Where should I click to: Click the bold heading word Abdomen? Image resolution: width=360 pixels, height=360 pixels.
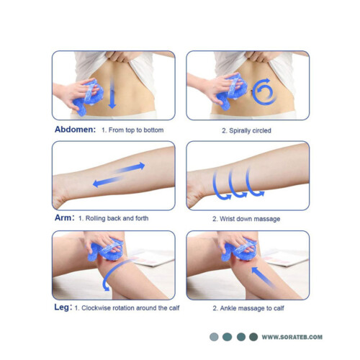75,130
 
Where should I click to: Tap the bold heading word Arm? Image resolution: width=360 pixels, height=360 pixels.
64,217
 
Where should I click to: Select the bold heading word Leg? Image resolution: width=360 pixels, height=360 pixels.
63,307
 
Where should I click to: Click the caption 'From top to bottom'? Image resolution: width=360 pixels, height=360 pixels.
136,130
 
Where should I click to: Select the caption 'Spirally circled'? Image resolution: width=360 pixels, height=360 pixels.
250,130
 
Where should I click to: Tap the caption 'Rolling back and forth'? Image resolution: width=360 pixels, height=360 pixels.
117,218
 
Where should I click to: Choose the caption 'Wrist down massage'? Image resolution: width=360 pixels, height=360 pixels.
250,219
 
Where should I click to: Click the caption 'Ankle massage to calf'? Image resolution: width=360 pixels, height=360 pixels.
252,308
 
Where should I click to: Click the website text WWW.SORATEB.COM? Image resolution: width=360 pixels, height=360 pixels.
292,337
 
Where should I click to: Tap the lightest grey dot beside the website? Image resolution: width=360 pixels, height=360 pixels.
214,337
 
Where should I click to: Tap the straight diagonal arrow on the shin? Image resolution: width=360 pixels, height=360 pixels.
264,277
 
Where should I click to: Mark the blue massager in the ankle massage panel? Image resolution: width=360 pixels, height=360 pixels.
239,250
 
